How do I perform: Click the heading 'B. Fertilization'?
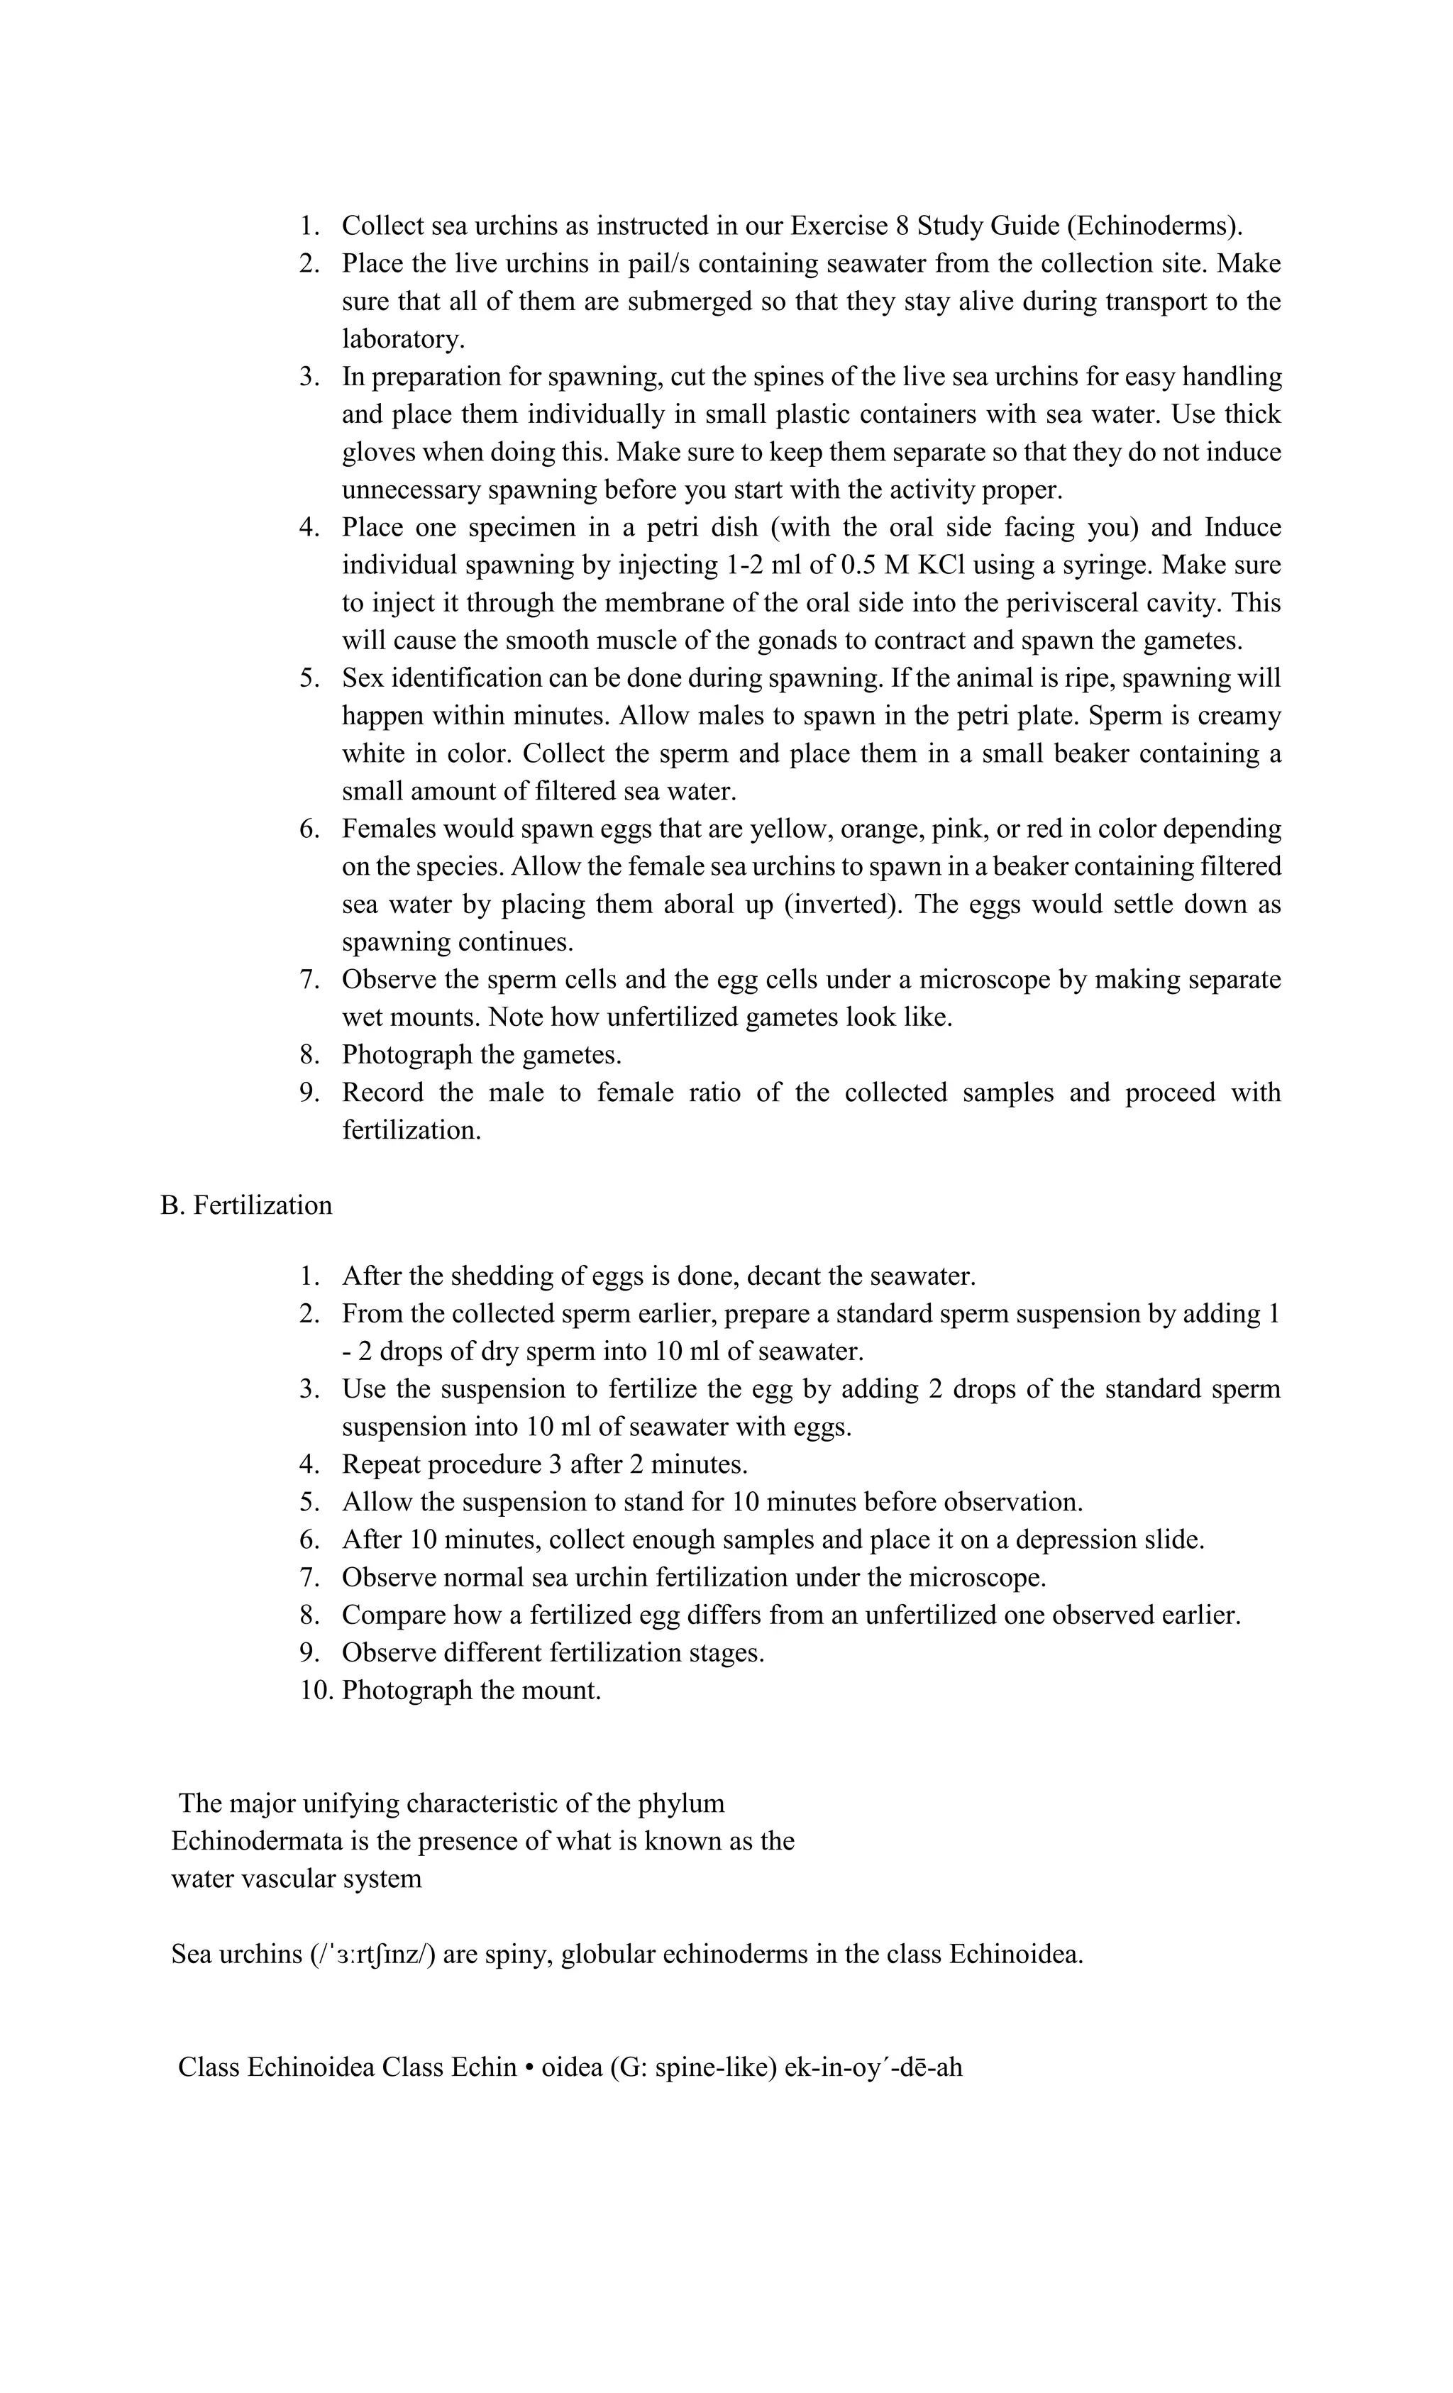[x=245, y=1205]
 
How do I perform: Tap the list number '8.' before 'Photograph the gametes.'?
[x=310, y=1055]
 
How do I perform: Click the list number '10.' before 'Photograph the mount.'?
[x=316, y=1690]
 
